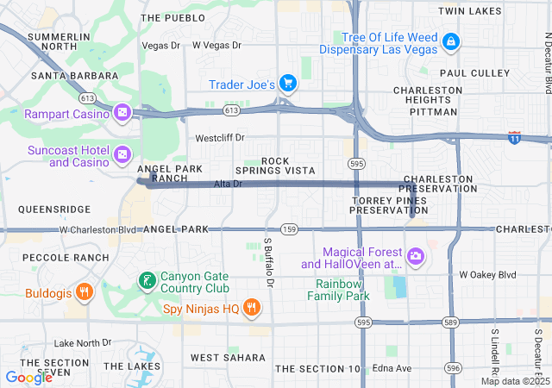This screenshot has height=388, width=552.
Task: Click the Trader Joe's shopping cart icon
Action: pos(288,84)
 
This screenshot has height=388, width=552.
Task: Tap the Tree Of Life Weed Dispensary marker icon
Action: pos(449,41)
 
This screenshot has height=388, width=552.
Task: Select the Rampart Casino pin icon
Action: pos(123,113)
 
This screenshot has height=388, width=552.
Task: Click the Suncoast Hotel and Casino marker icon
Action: pos(123,153)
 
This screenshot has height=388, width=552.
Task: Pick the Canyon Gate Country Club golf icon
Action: pos(147,280)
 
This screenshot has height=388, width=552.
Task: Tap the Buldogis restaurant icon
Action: pos(84,291)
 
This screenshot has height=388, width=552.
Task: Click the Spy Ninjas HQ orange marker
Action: pos(251,307)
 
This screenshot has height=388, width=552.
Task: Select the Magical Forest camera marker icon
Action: pos(416,255)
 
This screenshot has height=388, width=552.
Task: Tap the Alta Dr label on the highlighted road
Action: pos(228,185)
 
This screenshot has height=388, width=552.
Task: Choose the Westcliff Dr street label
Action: pos(220,137)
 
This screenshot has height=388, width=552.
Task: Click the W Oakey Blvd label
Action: pos(487,275)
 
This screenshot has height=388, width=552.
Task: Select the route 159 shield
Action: pos(290,229)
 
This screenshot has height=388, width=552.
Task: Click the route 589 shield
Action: pos(449,322)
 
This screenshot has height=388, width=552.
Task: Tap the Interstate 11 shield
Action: pos(514,138)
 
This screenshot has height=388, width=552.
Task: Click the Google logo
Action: pos(28,377)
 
